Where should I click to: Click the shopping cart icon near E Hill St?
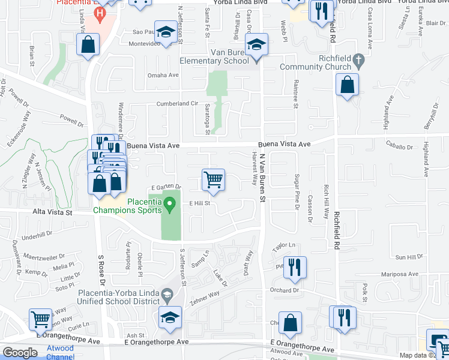214,179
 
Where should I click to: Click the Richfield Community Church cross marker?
358,60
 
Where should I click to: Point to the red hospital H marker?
100,13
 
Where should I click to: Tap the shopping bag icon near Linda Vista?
88,44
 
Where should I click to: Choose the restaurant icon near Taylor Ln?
294,267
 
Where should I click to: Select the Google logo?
20,353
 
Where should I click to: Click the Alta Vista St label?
52,212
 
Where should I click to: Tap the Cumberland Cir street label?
177,103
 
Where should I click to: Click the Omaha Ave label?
163,76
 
